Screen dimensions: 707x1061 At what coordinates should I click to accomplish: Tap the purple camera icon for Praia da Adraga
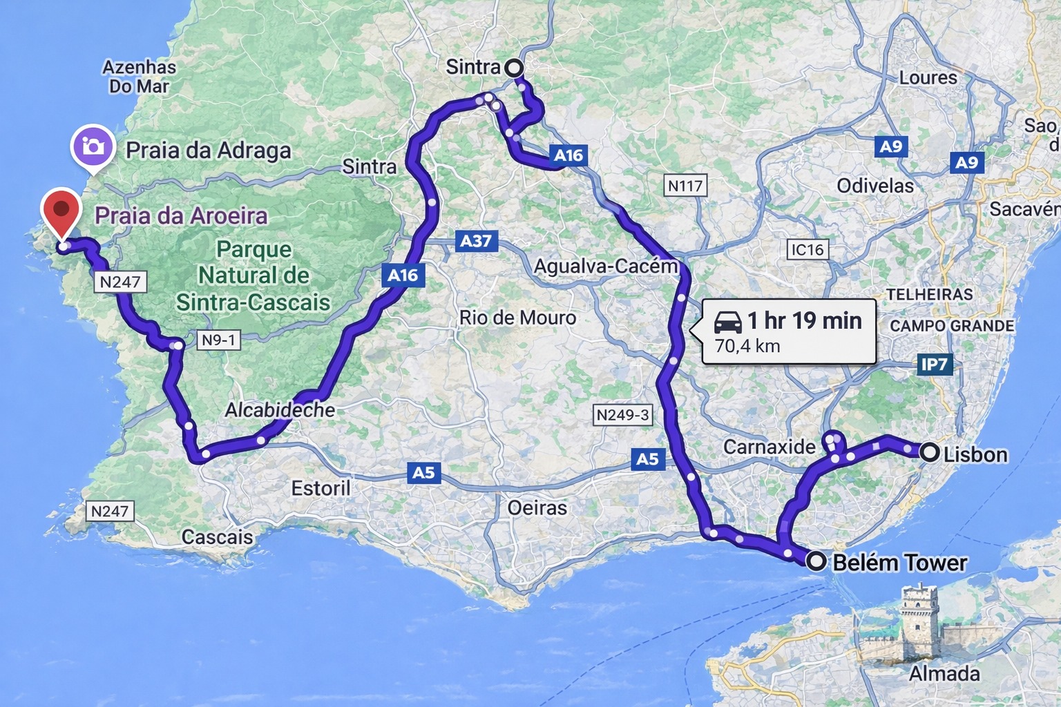click(x=92, y=146)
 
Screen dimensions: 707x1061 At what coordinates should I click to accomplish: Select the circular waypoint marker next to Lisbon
click(x=930, y=453)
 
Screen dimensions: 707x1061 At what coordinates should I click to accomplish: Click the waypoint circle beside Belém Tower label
click(x=816, y=561)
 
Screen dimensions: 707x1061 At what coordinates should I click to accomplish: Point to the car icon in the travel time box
click(x=727, y=322)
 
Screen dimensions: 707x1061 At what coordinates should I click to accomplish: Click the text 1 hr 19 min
click(x=804, y=320)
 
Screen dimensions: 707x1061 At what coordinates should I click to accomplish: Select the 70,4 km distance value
click(x=747, y=346)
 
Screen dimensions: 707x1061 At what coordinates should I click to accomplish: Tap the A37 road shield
click(x=476, y=241)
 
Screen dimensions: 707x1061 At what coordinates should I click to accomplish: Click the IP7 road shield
click(x=934, y=364)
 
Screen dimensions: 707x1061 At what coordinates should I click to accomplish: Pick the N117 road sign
click(x=685, y=185)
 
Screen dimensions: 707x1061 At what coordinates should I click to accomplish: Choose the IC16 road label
click(x=807, y=249)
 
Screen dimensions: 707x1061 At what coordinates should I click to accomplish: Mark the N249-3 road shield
click(x=623, y=415)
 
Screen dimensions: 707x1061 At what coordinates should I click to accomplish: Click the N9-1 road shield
click(x=218, y=340)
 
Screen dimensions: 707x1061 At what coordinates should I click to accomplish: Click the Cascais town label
click(x=217, y=536)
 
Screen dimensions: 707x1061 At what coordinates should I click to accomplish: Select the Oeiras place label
click(x=537, y=508)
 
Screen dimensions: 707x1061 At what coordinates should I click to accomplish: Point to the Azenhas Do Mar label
click(x=139, y=77)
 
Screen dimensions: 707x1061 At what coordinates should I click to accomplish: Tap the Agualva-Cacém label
click(x=606, y=267)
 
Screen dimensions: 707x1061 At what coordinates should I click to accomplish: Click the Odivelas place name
click(x=874, y=186)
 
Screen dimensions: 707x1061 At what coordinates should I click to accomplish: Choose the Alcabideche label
click(x=280, y=410)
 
